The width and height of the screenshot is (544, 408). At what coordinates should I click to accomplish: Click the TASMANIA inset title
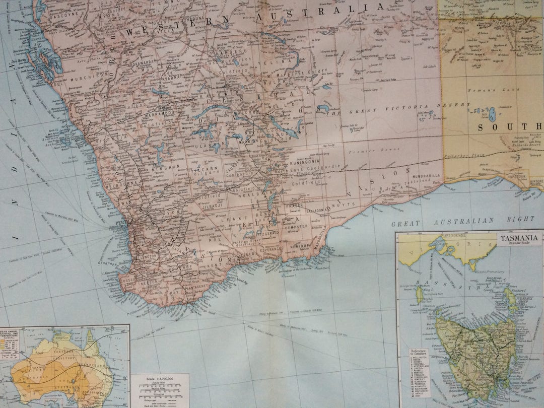point(520,237)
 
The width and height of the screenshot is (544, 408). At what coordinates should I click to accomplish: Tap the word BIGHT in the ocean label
point(521,219)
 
